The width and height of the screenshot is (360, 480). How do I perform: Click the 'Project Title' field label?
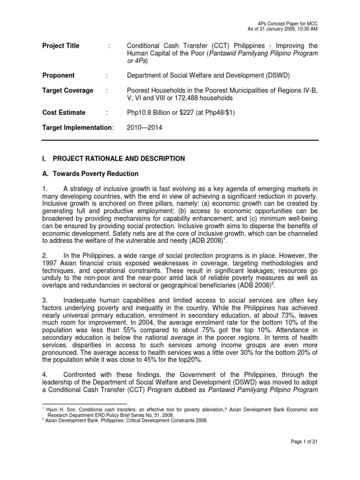[x=61, y=46]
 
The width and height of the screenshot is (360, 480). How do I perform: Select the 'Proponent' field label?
[x=59, y=75]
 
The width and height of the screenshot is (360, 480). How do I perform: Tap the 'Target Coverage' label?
[x=68, y=90]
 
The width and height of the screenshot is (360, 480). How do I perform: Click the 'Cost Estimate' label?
[x=64, y=112]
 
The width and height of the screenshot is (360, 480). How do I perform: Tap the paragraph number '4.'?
[x=45, y=374]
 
